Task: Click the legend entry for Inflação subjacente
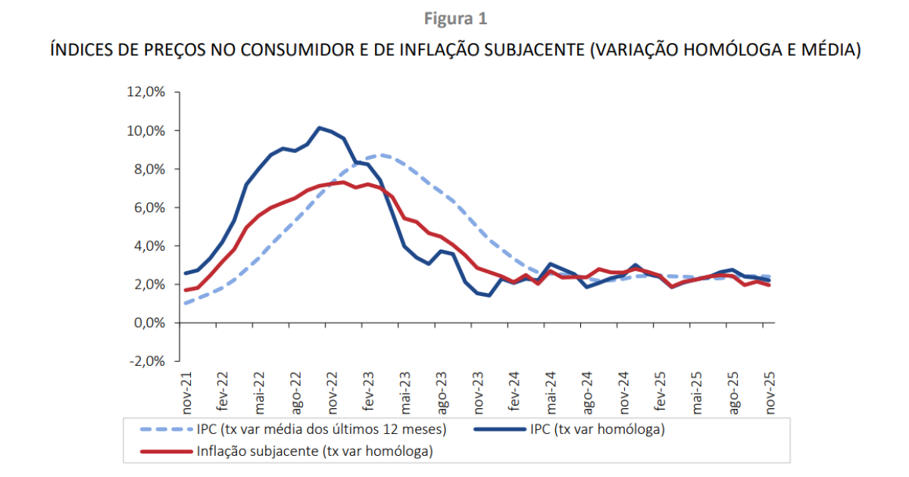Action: coord(314,451)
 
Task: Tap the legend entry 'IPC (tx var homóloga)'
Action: coord(598,429)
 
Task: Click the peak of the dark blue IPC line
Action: coord(319,127)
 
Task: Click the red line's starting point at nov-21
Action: coord(186,290)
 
